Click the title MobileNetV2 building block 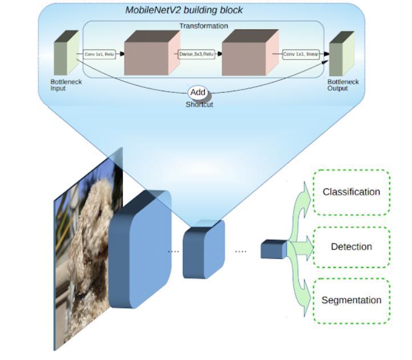(x=184, y=10)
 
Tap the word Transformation (x=204, y=26)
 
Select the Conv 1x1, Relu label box (x=99, y=54)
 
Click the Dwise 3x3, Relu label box (x=196, y=54)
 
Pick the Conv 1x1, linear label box (x=301, y=54)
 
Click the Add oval (x=197, y=92)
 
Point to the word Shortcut (x=199, y=104)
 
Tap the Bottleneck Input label (x=66, y=85)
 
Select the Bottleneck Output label (x=343, y=85)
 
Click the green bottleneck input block (x=66, y=52)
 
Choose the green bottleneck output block (x=342, y=54)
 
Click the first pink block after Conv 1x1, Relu (x=152, y=52)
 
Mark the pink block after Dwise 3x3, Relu (x=250, y=52)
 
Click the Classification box (x=352, y=192)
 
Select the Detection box (x=352, y=247)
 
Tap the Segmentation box (x=352, y=300)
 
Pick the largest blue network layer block (x=140, y=249)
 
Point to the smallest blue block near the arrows (x=274, y=249)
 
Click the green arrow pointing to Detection (x=301, y=247)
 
